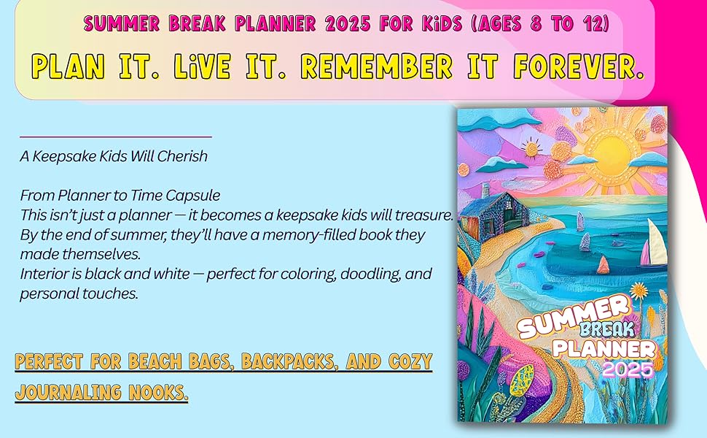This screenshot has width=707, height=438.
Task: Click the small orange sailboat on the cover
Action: [x=604, y=264]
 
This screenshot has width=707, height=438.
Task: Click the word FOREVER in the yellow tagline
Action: [x=579, y=67]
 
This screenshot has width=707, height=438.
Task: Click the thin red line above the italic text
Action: [x=115, y=137]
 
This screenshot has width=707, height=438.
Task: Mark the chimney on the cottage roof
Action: [x=486, y=191]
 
